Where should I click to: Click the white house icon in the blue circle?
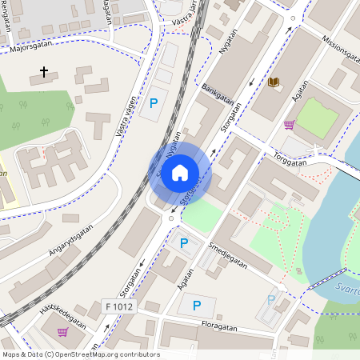(x=180, y=173)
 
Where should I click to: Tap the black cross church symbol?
(x=43, y=72)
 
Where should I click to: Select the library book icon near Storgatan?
(x=274, y=82)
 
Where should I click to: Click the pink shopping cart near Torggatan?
(x=289, y=124)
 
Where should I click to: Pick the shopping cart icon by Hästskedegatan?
(x=62, y=332)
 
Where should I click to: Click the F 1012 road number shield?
(x=119, y=306)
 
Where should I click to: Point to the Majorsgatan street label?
(x=30, y=48)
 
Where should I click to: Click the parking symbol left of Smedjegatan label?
(x=184, y=243)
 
